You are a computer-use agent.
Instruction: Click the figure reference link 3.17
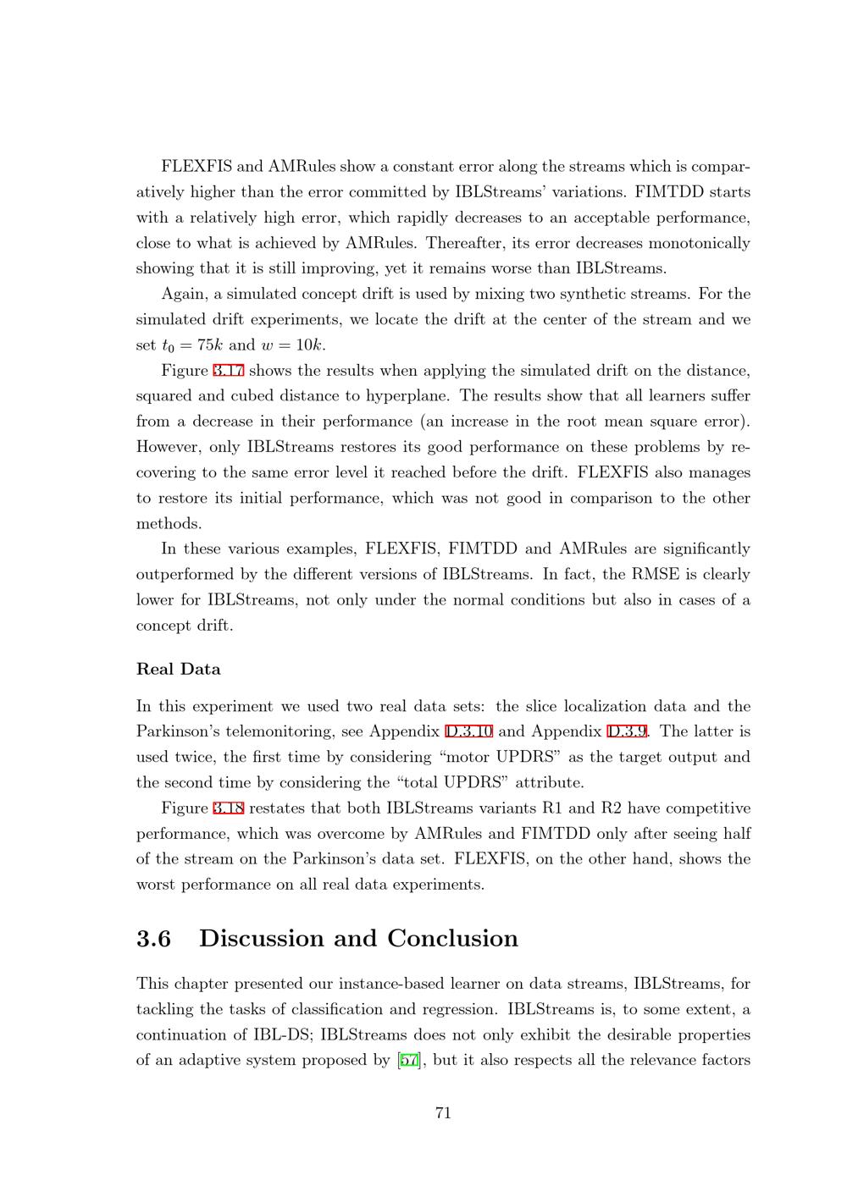(228, 371)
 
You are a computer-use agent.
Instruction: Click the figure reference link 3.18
(228, 808)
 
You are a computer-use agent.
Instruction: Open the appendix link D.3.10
(469, 731)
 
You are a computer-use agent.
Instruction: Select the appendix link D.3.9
(628, 731)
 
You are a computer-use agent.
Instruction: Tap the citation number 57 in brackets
(408, 1061)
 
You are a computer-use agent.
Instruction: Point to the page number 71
(443, 1113)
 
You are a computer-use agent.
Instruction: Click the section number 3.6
(153, 939)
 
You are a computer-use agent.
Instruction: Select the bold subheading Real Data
(179, 670)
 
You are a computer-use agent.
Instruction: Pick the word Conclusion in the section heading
(452, 939)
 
